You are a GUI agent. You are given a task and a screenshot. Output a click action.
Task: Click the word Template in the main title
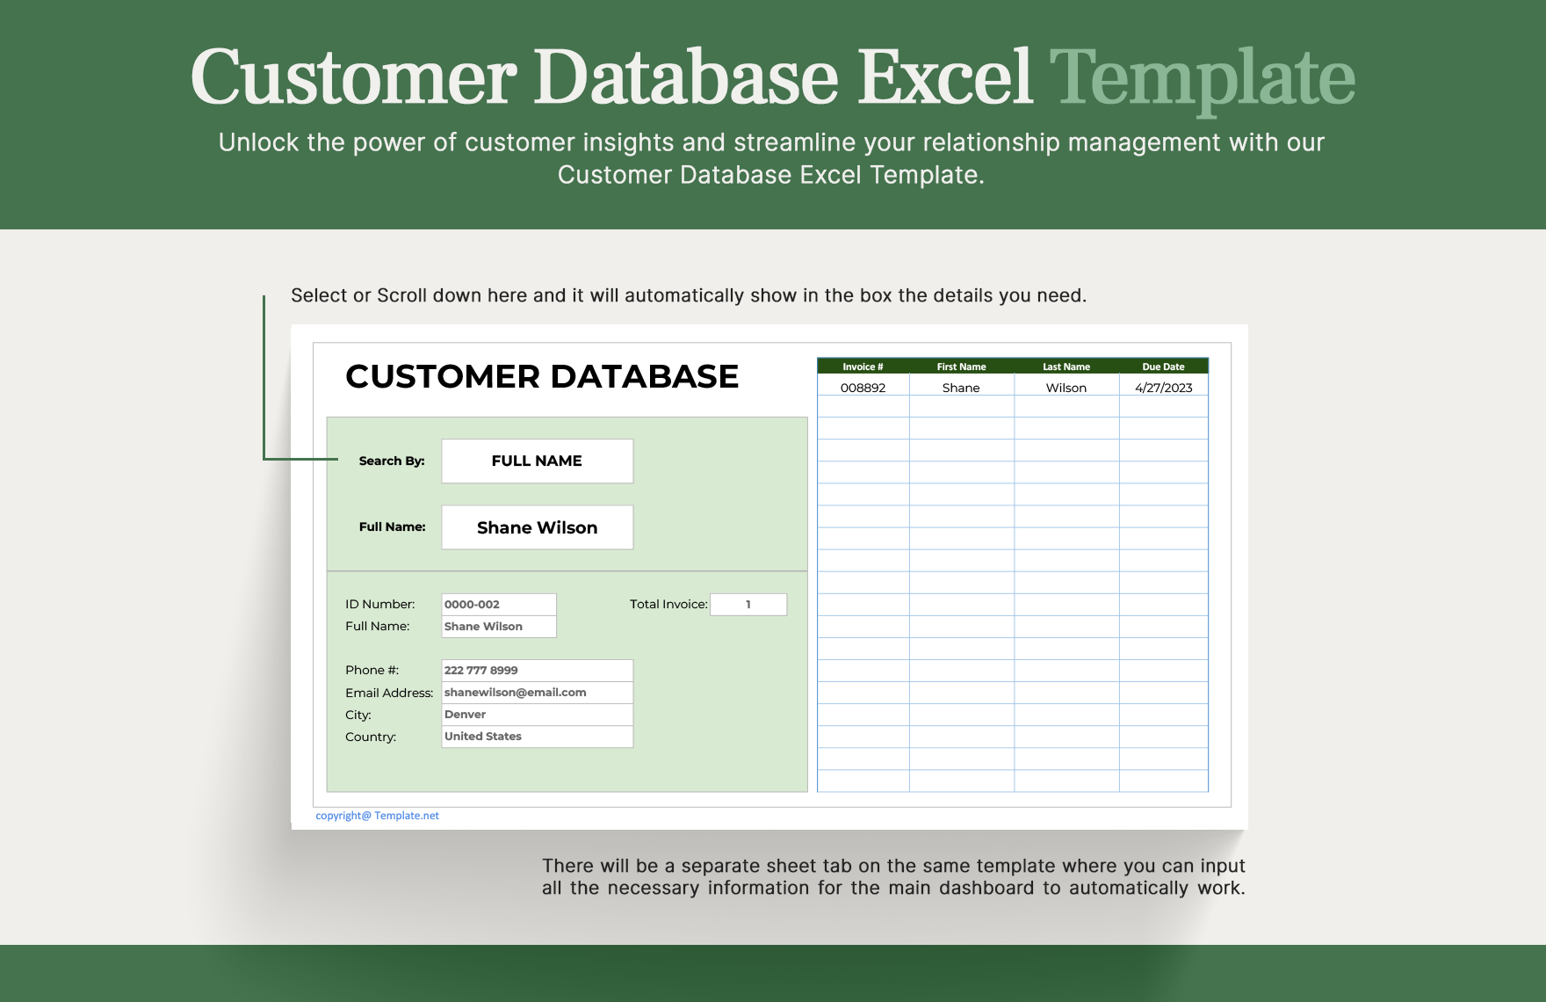click(1202, 77)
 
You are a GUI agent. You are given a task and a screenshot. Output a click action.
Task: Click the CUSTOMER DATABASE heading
click(542, 376)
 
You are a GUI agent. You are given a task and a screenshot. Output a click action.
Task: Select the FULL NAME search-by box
click(537, 461)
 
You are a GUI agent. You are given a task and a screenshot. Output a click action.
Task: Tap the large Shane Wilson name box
click(537, 527)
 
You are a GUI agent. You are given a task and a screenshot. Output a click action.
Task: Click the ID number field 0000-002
click(498, 604)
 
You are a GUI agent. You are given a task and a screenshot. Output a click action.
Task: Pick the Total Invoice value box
click(748, 604)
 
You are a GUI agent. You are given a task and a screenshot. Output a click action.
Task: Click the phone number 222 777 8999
click(536, 670)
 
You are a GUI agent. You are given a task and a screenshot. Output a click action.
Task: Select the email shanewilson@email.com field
click(536, 692)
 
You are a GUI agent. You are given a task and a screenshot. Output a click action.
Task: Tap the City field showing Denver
click(536, 714)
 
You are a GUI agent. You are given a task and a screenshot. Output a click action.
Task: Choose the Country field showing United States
click(536, 736)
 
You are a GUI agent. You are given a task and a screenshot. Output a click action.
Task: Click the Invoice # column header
click(863, 367)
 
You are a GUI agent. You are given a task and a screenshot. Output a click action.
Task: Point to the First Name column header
click(961, 367)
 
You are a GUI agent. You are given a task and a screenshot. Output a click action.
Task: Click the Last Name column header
click(1066, 367)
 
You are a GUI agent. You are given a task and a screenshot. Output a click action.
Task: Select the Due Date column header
click(1163, 367)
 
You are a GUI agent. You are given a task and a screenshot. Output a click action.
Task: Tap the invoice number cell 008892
click(863, 388)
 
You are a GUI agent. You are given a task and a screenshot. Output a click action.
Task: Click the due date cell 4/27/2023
click(1163, 388)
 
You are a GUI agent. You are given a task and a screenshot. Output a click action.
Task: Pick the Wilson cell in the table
click(1066, 388)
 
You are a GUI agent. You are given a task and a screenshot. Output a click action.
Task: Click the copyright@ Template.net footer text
click(377, 816)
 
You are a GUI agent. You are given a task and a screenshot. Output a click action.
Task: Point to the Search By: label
click(391, 461)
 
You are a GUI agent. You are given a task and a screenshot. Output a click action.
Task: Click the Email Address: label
click(389, 693)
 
